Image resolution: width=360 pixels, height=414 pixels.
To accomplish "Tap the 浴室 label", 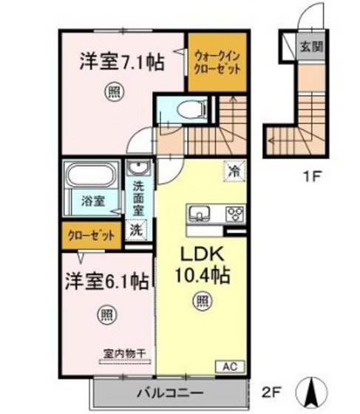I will click(x=92, y=200).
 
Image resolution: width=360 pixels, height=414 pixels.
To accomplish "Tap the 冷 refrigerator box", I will click(x=234, y=171).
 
